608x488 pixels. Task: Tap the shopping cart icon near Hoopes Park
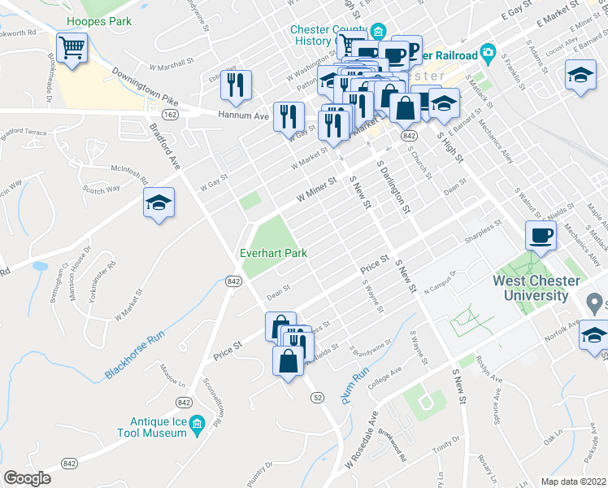(x=72, y=50)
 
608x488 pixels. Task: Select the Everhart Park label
(x=273, y=253)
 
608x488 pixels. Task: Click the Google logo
(x=28, y=478)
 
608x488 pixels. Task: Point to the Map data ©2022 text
(x=573, y=481)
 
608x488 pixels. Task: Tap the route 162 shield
(x=169, y=115)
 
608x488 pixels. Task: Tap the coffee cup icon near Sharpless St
(x=541, y=237)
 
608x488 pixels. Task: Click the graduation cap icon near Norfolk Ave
(x=595, y=334)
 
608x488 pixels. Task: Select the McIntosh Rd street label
(x=129, y=174)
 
